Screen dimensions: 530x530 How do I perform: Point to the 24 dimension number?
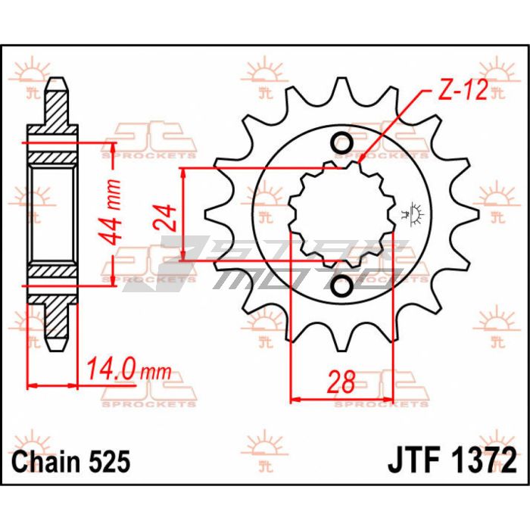pos(168,217)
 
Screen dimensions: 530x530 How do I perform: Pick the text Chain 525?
pos(72,461)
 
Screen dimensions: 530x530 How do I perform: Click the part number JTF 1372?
pos(453,460)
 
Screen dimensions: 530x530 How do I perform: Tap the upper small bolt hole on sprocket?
pos(341,143)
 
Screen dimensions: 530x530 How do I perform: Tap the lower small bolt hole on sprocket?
pos(341,285)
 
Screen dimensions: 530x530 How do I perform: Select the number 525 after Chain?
pos(111,461)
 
